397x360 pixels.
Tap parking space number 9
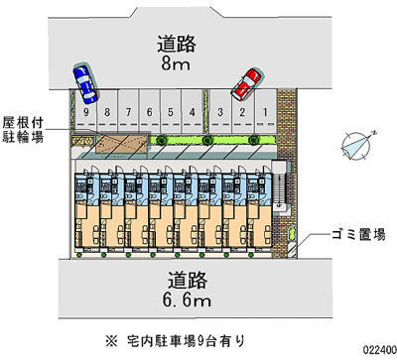pos(88,112)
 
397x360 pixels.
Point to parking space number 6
pos(148,112)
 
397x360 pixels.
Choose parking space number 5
pos(170,112)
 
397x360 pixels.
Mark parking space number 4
pos(191,112)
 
